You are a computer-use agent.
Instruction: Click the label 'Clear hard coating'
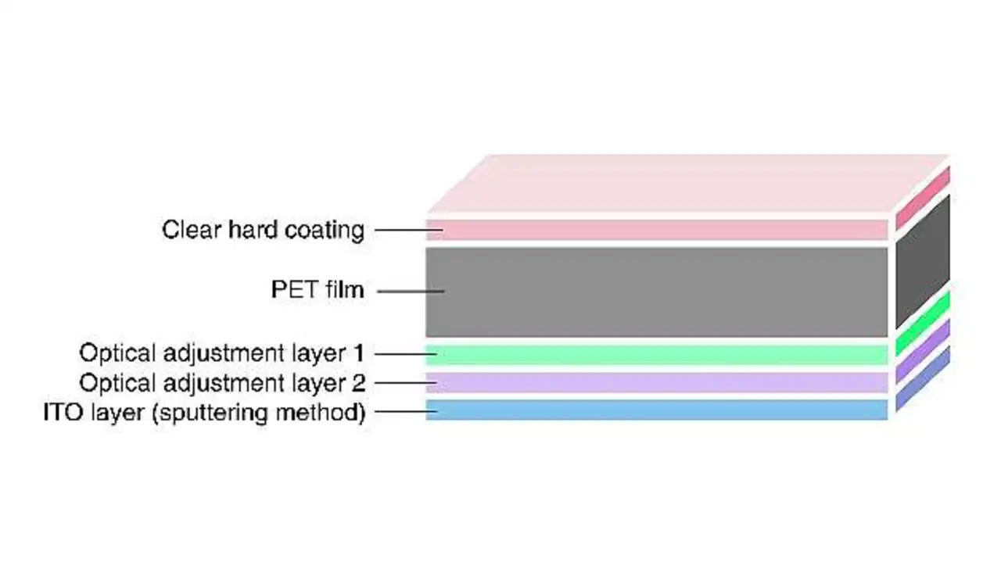(x=263, y=230)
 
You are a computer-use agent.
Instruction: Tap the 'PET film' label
(x=318, y=290)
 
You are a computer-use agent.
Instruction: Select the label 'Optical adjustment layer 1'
(x=222, y=353)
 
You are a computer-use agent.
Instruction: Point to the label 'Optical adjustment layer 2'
(x=222, y=383)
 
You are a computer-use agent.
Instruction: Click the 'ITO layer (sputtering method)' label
(x=204, y=412)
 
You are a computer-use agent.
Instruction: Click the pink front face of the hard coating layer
(x=657, y=230)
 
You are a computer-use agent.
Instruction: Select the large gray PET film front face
(x=657, y=292)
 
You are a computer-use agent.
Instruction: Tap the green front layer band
(x=657, y=354)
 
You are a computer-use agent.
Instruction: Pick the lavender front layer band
(x=657, y=382)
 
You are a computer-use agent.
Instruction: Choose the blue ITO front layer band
(x=657, y=410)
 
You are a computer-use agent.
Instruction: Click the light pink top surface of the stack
(x=688, y=184)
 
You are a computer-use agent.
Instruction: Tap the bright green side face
(x=923, y=321)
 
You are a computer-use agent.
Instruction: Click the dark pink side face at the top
(x=923, y=198)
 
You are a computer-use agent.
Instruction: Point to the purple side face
(x=923, y=350)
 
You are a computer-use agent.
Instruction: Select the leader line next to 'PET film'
(x=411, y=292)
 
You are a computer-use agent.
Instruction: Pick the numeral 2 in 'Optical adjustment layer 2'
(x=359, y=383)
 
